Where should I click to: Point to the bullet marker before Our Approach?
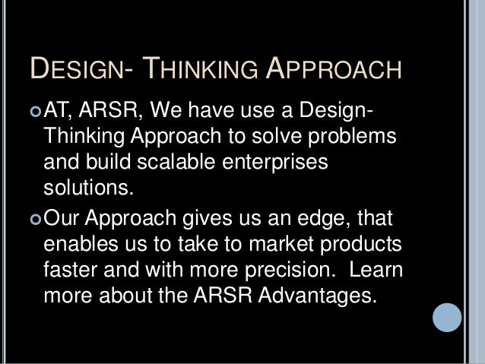(36, 220)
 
